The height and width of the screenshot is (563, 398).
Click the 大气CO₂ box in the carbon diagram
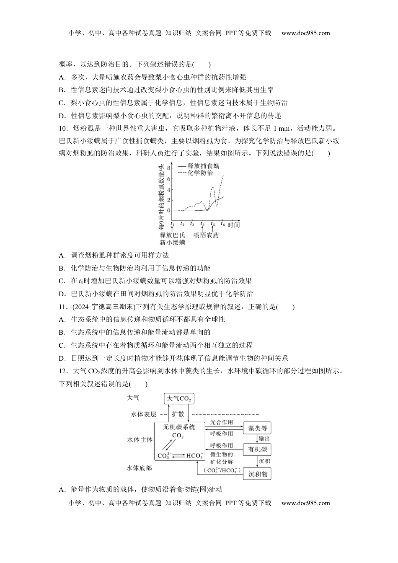click(179, 398)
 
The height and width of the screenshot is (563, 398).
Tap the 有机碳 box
click(257, 449)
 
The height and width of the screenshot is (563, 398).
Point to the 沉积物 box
click(257, 474)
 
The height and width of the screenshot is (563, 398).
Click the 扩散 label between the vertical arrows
click(178, 414)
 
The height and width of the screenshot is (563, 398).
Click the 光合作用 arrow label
click(221, 422)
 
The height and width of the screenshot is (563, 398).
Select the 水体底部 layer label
click(139, 468)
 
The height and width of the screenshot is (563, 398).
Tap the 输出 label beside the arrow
click(264, 439)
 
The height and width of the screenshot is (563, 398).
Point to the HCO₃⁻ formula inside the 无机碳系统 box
click(194, 456)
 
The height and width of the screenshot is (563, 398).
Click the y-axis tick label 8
click(169, 168)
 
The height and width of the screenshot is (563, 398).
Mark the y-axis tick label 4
click(169, 189)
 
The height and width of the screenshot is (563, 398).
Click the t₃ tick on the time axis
click(192, 224)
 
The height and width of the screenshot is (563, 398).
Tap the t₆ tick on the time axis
click(223, 224)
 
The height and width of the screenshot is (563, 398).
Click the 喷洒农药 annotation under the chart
click(206, 235)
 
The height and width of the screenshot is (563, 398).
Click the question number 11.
click(63, 307)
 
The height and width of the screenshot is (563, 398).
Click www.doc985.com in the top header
click(305, 33)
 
